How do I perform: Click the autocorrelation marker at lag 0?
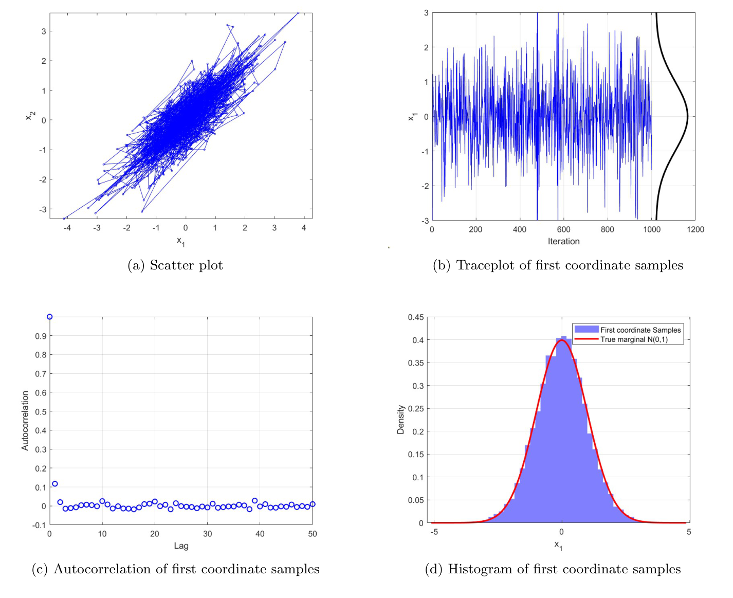[50, 317]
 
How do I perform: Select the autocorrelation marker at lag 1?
[55, 484]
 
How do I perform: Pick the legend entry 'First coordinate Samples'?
[640, 330]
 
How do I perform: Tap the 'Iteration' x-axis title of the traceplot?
[563, 242]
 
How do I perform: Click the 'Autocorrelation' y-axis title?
[25, 421]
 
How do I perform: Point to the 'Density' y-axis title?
[400, 420]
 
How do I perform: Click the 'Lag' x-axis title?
[181, 546]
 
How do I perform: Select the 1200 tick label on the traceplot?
[695, 230]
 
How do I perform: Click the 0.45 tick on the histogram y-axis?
[416, 317]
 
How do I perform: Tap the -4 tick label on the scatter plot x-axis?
[67, 228]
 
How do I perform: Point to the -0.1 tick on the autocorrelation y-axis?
[39, 525]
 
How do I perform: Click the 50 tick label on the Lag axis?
[312, 534]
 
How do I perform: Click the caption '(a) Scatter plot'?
[175, 265]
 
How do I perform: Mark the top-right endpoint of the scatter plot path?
[298, 13]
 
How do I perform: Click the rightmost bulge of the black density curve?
[687, 117]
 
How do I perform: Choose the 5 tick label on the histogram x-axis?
[688, 532]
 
